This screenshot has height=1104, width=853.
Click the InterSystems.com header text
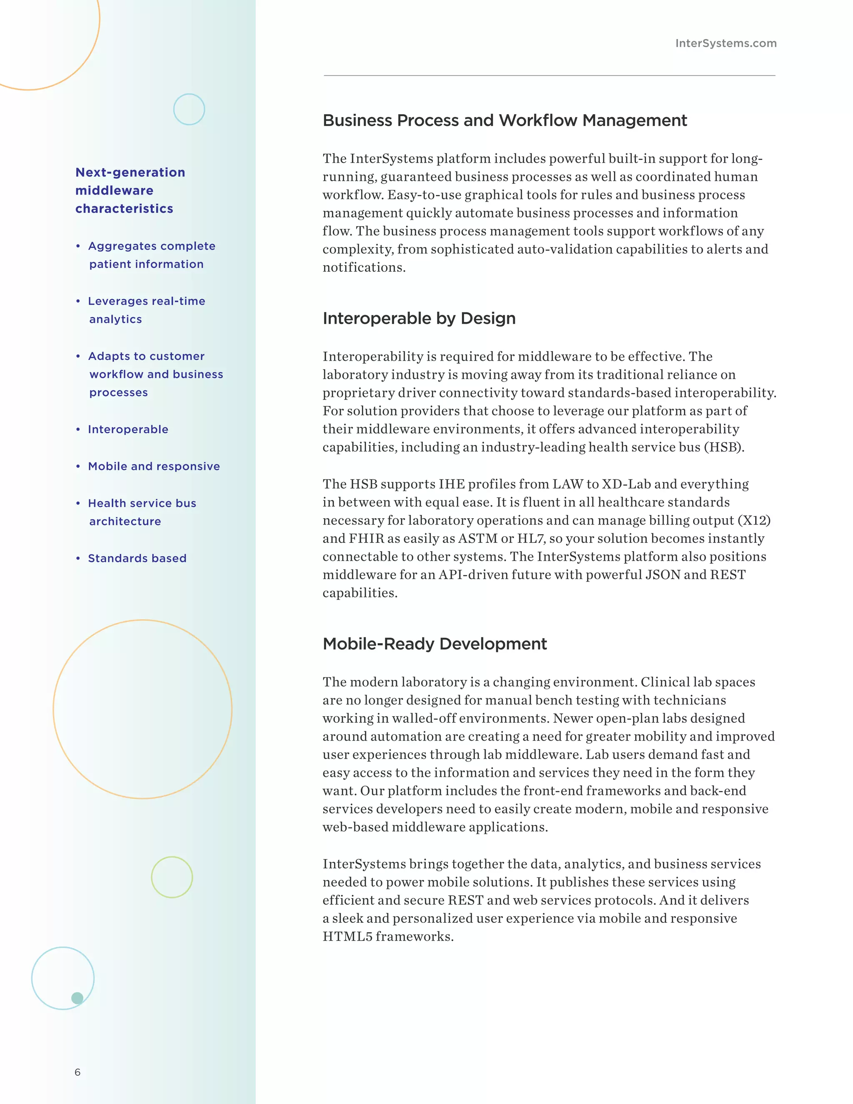coord(726,43)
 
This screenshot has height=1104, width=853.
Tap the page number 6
coord(77,1072)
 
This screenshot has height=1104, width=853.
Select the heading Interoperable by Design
coord(419,318)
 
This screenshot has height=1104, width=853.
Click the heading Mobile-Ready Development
coord(434,644)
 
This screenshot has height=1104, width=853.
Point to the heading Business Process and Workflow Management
coord(504,120)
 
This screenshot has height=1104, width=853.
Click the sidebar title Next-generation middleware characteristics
coord(130,190)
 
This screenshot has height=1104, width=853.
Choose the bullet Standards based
coord(137,558)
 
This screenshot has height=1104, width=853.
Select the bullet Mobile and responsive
coord(154,466)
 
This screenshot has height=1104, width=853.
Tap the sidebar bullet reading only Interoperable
coord(128,429)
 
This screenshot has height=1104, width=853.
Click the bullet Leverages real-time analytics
coord(146,310)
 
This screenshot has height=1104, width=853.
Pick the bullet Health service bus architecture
coord(142,512)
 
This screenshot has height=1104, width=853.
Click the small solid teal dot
coord(77,998)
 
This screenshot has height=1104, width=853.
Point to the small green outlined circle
coord(172,877)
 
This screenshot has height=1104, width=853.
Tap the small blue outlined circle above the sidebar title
coord(189,109)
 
